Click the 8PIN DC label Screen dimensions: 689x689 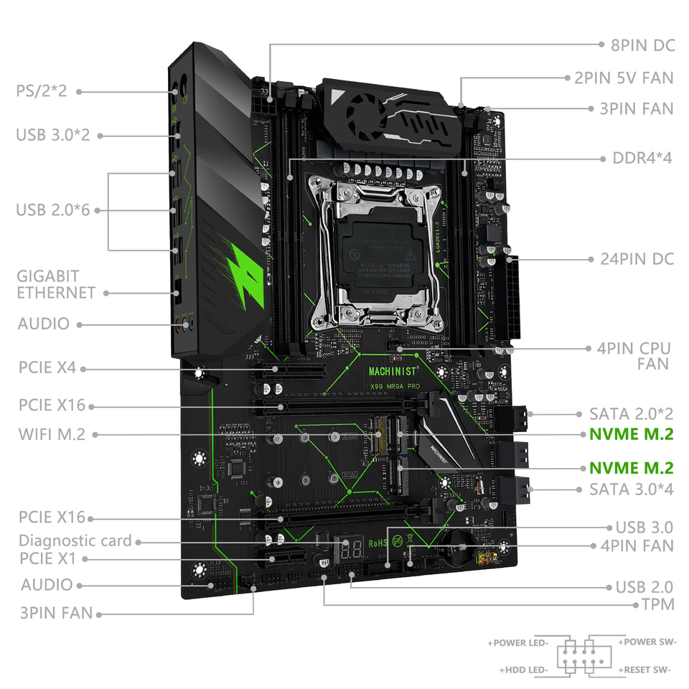(x=642, y=44)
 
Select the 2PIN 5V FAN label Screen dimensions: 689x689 (x=624, y=78)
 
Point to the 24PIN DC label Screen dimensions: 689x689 (x=637, y=258)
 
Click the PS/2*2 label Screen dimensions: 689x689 (x=42, y=91)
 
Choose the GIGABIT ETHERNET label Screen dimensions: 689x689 (x=57, y=284)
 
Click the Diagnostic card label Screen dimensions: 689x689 (x=75, y=540)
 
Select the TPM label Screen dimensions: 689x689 (x=657, y=604)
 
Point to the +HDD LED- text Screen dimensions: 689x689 (x=525, y=670)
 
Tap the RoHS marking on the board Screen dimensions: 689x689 (x=378, y=543)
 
